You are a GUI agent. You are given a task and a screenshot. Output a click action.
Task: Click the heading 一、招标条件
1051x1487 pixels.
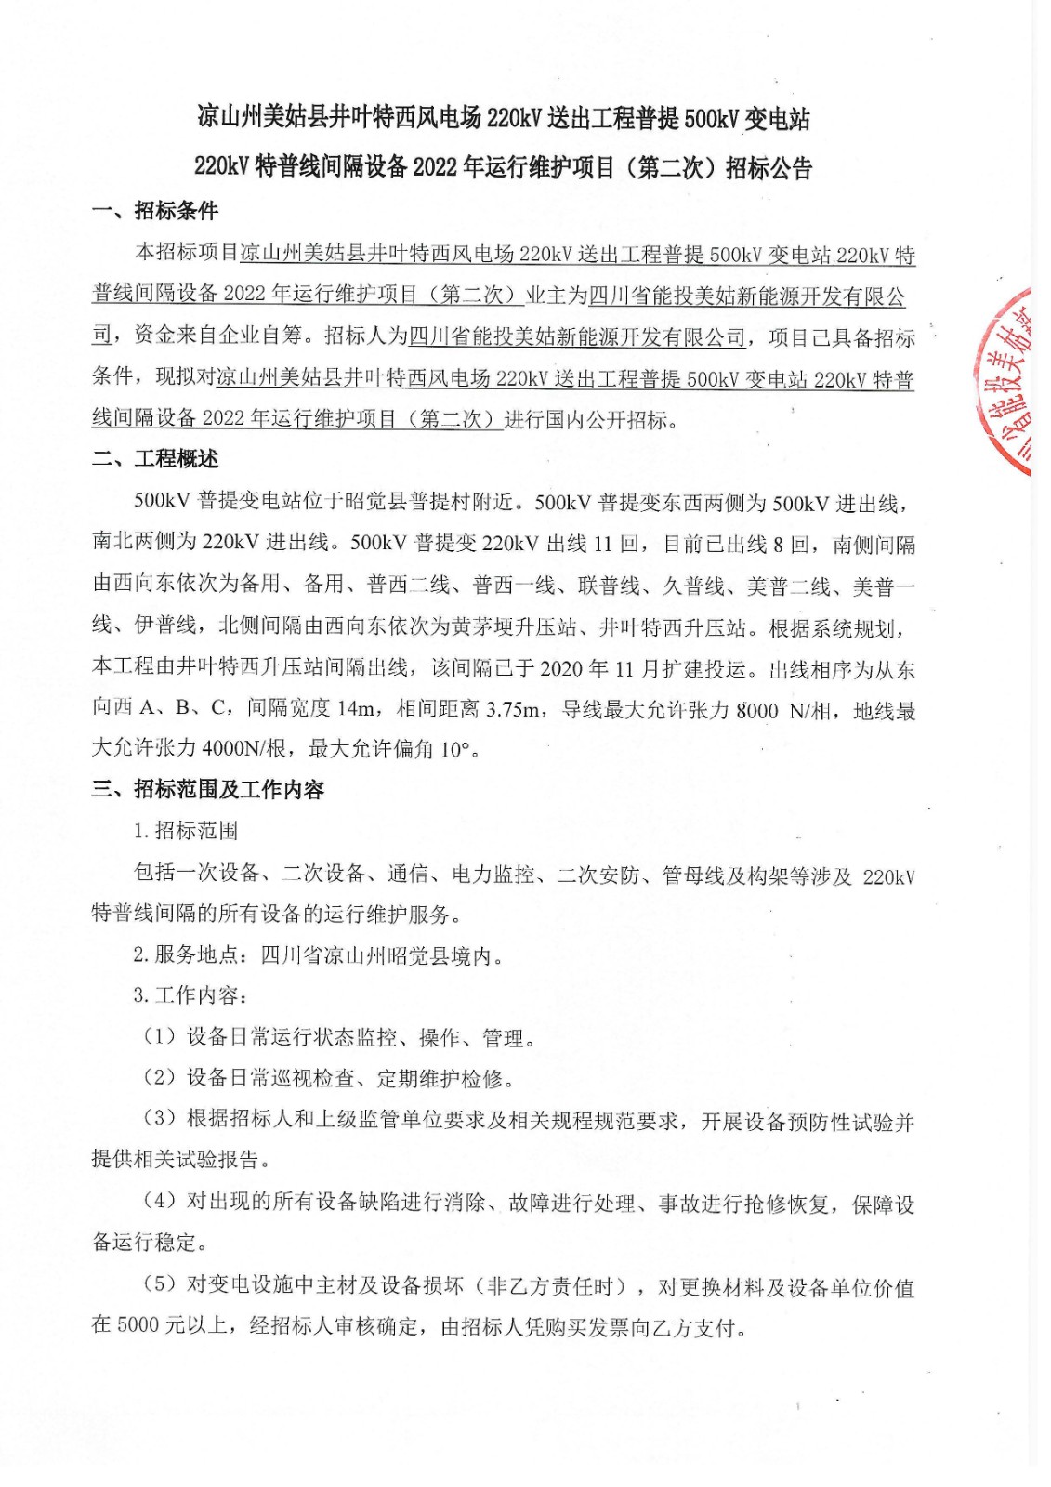pyautogui.click(x=155, y=211)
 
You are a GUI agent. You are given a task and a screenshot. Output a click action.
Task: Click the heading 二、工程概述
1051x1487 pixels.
pyautogui.click(x=155, y=459)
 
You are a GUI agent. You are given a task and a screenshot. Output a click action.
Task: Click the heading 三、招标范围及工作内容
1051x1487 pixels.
pyautogui.click(x=208, y=790)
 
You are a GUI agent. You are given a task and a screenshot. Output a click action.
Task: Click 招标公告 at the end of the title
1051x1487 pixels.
pyautogui.click(x=769, y=168)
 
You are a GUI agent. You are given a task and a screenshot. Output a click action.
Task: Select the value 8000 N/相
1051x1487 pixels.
pyautogui.click(x=782, y=711)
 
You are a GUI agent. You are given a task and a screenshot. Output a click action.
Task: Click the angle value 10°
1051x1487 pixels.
pyautogui.click(x=454, y=749)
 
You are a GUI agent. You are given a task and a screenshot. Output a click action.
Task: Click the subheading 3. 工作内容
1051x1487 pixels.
pyautogui.click(x=190, y=996)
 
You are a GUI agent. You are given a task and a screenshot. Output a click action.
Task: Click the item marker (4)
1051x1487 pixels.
pyautogui.click(x=159, y=1201)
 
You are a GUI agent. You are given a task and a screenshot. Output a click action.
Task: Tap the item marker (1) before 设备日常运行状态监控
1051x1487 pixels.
pyautogui.click(x=159, y=1037)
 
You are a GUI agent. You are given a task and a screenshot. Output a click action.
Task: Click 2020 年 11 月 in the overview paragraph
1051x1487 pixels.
pyautogui.click(x=587, y=669)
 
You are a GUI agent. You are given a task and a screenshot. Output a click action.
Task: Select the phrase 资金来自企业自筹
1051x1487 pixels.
pyautogui.click(x=219, y=336)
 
